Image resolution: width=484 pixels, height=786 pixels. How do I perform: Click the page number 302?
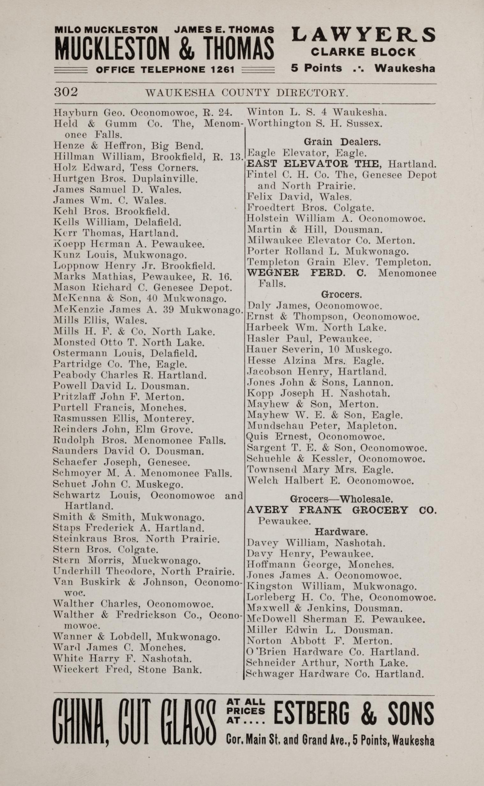coord(66,92)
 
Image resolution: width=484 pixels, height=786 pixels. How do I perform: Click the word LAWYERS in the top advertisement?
coord(363,35)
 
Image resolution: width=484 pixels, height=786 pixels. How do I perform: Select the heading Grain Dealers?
coord(342,142)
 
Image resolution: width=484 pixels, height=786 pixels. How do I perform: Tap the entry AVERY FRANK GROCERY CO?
coord(341,510)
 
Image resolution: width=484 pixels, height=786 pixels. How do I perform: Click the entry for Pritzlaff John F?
coord(118,397)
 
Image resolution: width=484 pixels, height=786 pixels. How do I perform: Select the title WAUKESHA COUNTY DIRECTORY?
coord(246,93)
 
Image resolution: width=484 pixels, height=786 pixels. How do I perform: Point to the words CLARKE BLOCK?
coord(363,52)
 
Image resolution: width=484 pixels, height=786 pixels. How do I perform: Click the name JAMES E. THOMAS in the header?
coord(224,30)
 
